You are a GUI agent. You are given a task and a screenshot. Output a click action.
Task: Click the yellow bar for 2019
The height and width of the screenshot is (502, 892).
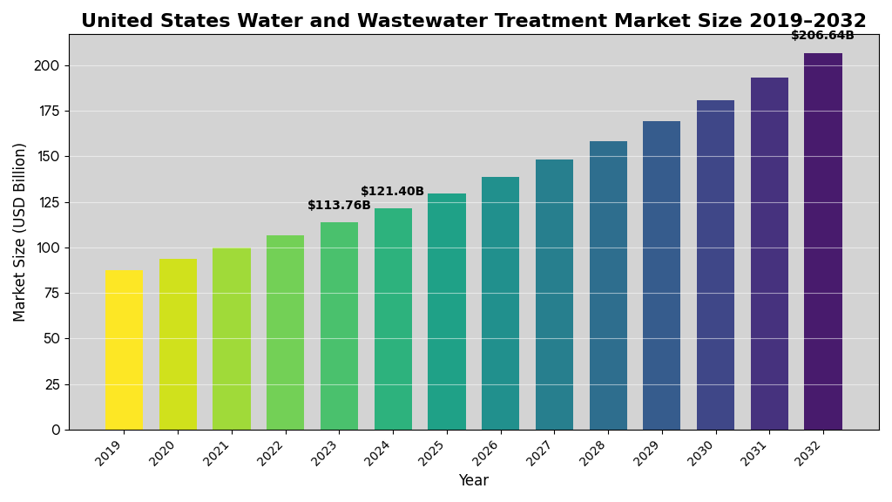[x=124, y=349]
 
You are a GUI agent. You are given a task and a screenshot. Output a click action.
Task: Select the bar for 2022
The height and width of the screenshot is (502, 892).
[x=285, y=332]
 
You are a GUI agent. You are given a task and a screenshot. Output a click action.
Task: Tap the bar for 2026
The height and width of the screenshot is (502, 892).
[x=500, y=303]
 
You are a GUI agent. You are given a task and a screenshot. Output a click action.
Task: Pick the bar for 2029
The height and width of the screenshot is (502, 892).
[x=661, y=275]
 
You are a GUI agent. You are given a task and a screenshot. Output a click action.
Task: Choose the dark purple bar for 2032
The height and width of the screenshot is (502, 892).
[x=823, y=241]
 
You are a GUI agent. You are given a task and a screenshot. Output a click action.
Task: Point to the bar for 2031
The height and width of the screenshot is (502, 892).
[x=769, y=254]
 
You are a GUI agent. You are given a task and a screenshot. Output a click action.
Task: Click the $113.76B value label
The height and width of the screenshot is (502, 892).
[x=339, y=206]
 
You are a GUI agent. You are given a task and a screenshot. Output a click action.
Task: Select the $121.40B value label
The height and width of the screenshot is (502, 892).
[x=392, y=192]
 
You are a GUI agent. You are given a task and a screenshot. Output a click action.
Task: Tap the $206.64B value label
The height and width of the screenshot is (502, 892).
[x=822, y=36]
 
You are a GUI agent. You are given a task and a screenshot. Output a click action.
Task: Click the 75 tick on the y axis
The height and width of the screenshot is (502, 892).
[x=51, y=293]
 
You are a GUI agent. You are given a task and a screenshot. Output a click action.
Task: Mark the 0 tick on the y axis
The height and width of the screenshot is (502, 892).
[x=56, y=430]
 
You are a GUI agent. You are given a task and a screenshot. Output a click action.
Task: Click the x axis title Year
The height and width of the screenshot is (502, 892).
[x=473, y=481]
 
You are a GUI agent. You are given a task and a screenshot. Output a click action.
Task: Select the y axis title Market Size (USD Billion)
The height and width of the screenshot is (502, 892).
[x=20, y=232]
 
